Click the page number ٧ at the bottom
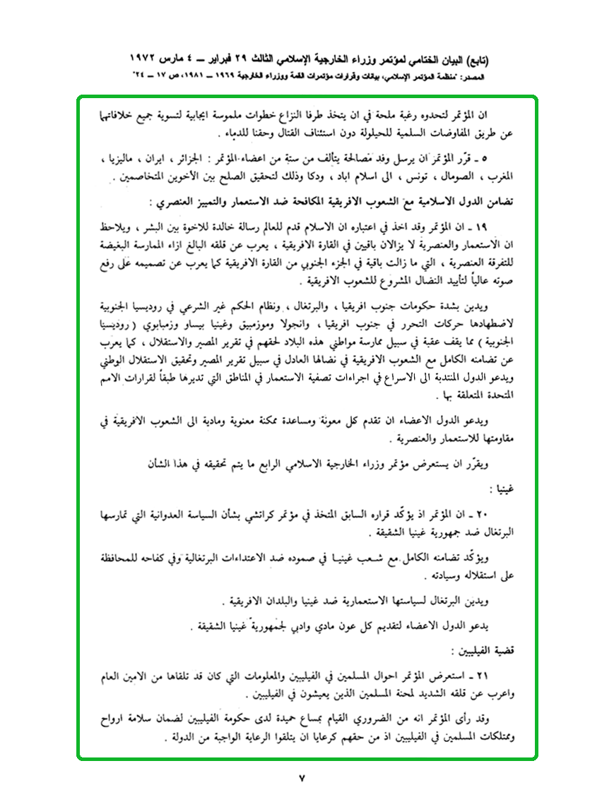(x=301, y=779)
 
